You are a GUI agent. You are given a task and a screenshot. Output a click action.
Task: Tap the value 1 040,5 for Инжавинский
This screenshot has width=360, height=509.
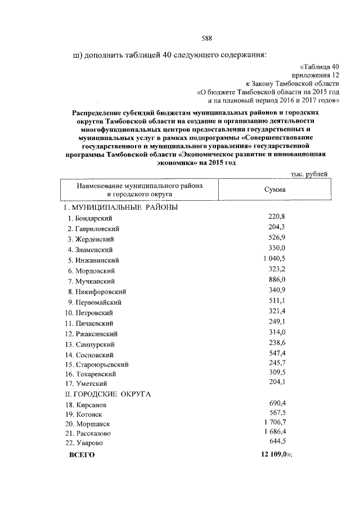274,259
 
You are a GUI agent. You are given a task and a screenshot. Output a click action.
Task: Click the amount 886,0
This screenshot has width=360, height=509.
278,280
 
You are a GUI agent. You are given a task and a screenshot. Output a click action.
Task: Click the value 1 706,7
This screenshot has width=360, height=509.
274,422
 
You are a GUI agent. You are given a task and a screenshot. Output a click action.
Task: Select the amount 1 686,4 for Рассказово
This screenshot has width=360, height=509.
274,432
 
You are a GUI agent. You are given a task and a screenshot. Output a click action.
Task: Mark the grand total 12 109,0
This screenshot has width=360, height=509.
274,453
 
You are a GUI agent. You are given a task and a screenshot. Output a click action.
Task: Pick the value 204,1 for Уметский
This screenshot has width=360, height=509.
278,384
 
